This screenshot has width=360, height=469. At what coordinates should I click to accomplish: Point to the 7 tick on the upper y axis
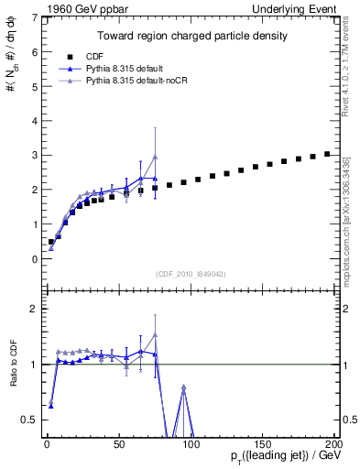33,17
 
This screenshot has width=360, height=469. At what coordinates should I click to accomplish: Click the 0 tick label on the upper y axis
33,259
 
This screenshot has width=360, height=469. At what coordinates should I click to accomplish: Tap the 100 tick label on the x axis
191,443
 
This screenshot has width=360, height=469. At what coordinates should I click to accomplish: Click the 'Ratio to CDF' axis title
13,364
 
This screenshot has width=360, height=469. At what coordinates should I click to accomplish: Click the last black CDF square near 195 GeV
327,154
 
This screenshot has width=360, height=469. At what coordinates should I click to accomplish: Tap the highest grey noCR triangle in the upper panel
155,158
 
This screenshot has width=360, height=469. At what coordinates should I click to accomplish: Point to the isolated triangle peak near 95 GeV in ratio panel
184,387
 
